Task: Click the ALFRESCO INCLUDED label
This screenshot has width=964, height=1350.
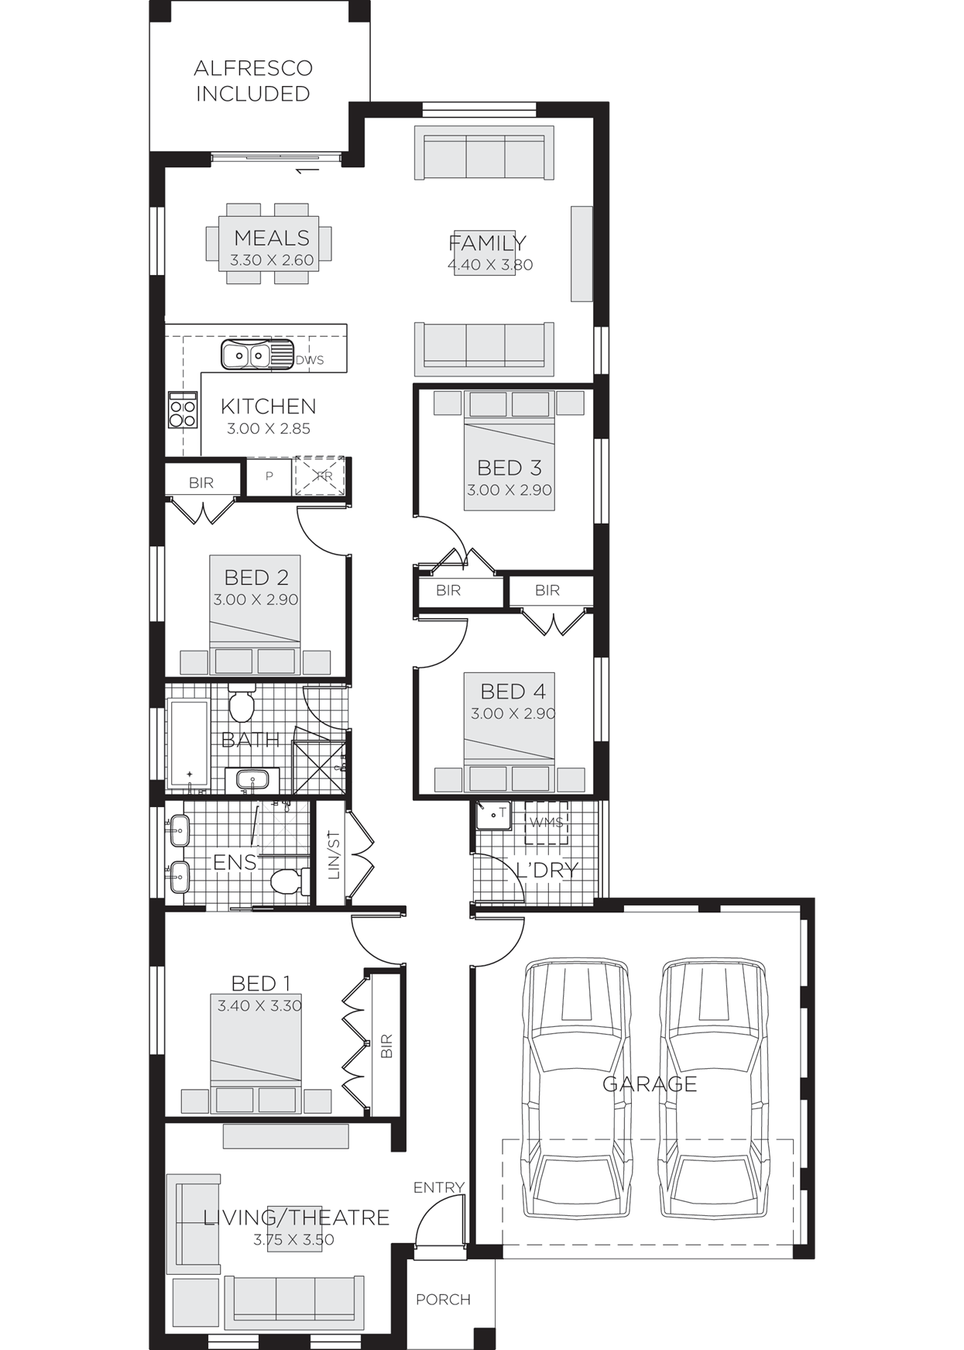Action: (x=252, y=81)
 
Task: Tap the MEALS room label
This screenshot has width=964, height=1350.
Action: (x=272, y=238)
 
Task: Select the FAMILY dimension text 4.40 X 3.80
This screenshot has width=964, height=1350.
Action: (x=490, y=265)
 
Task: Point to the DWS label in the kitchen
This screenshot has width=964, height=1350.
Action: (x=310, y=360)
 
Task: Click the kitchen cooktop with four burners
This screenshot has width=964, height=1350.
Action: (x=183, y=410)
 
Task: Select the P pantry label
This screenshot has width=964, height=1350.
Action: (x=269, y=476)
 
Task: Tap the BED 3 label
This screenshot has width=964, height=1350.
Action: (x=509, y=468)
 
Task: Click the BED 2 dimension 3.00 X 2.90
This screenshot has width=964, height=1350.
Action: (x=256, y=599)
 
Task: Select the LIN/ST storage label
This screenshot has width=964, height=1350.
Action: (x=334, y=856)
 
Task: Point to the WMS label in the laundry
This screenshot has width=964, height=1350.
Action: (x=547, y=823)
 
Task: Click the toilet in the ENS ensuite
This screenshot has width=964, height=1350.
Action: (x=289, y=881)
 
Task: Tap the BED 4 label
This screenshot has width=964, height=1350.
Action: (x=513, y=691)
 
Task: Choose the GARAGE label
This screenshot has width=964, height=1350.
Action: (x=650, y=1084)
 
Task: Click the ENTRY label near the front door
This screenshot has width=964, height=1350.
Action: (x=438, y=1187)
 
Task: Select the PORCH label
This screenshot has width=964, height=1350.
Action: (x=443, y=1299)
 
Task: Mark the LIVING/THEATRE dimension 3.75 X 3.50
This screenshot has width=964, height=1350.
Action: (x=294, y=1240)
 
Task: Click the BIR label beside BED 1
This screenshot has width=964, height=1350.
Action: (x=387, y=1046)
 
